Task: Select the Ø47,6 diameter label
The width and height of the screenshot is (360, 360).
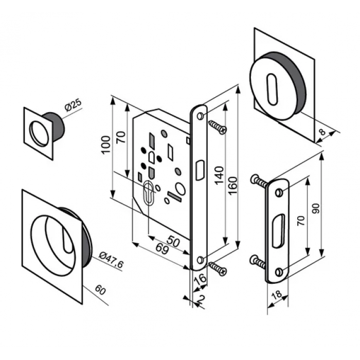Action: [x=109, y=260]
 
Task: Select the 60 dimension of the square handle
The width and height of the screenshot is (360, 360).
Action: [x=100, y=291]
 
